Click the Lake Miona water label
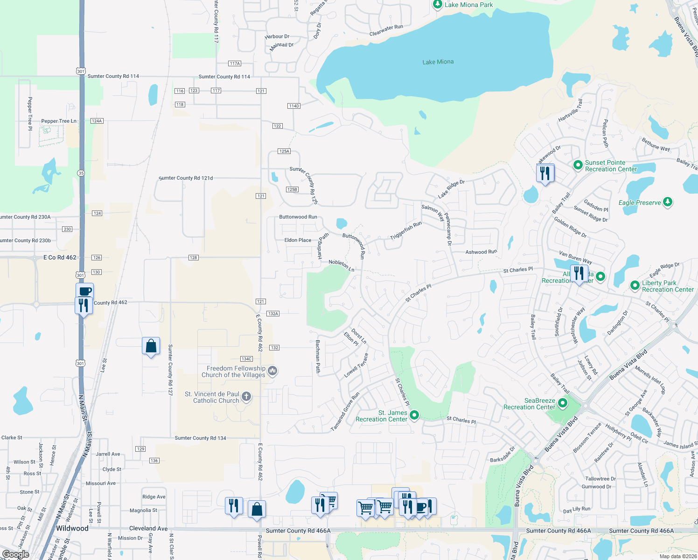pos(438,62)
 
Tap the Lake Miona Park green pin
pos(437,4)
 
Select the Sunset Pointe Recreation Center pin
pos(578,165)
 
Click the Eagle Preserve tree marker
pos(668,202)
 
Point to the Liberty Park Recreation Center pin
pos(635,285)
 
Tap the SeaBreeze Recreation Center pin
pos(563,403)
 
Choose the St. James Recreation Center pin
pos(414,414)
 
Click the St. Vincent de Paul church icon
pos(246,397)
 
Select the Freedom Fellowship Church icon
pos(273,371)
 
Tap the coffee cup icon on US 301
pos(84,291)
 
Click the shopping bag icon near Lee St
pos(151,346)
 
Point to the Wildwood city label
pos(72,528)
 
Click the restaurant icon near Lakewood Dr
pos(545,173)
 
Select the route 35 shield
pos(81,173)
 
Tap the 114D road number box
pos(294,106)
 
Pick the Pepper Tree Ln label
pos(59,121)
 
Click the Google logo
pos(15,554)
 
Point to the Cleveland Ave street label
pos(148,528)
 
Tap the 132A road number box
pos(273,314)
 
